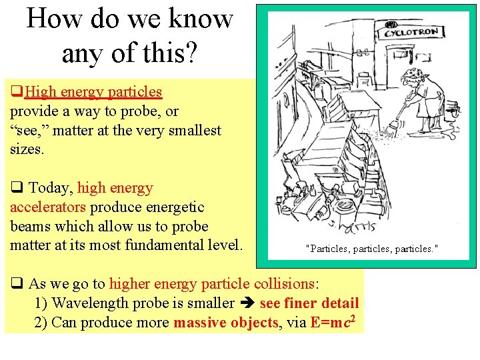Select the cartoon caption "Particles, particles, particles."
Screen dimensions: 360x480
coord(371,248)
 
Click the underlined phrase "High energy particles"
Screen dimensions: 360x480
coord(93,91)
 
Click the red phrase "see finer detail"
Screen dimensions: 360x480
coord(309,303)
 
